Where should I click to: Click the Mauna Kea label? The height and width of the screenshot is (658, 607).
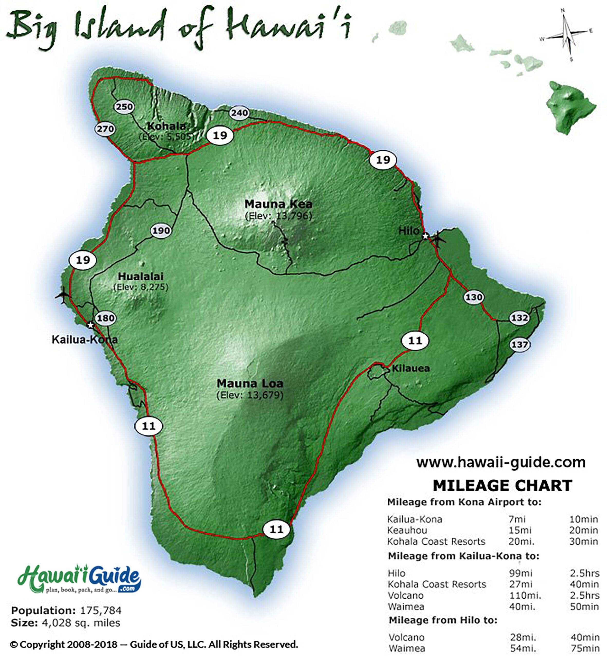278,204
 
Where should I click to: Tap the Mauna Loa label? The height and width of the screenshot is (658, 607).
250,383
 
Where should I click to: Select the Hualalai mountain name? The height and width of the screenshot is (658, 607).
141,276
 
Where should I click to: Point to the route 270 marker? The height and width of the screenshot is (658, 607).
105,129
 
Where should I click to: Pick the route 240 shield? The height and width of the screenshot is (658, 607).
239,113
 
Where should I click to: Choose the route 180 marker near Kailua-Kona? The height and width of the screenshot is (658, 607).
105,318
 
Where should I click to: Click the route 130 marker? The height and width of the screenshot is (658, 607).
474,297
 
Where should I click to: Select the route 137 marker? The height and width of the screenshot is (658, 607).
520,344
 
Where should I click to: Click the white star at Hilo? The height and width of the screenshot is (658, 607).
425,236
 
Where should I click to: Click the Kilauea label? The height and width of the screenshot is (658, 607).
410,368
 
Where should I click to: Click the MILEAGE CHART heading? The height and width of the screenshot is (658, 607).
502,486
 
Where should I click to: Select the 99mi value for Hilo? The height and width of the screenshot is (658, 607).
521,573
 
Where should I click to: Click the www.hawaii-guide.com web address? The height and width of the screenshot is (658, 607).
501,462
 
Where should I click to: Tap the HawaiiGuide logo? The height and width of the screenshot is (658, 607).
79,579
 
